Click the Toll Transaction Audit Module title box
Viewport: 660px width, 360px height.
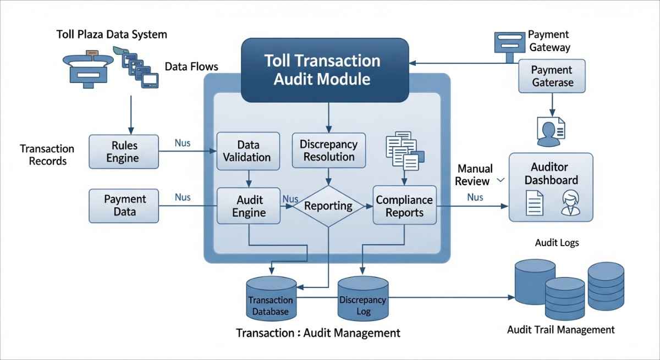[325, 69]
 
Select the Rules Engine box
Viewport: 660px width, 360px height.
[124, 152]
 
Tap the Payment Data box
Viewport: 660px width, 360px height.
[124, 205]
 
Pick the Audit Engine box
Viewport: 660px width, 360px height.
[249, 206]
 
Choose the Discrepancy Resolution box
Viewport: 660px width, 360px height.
[328, 150]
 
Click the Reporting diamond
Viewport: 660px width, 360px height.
[328, 206]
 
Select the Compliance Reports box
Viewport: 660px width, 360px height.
[404, 206]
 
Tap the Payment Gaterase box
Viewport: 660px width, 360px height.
[552, 76]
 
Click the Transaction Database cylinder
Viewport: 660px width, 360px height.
[270, 300]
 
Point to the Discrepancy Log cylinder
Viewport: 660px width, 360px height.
[363, 300]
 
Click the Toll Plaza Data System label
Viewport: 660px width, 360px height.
[112, 35]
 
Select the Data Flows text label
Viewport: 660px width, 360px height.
[191, 67]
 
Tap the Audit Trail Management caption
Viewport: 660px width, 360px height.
[560, 330]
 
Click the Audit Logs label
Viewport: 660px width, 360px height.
[557, 242]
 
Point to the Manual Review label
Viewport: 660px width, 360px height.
[474, 174]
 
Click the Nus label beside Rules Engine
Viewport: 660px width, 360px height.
[182, 143]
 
